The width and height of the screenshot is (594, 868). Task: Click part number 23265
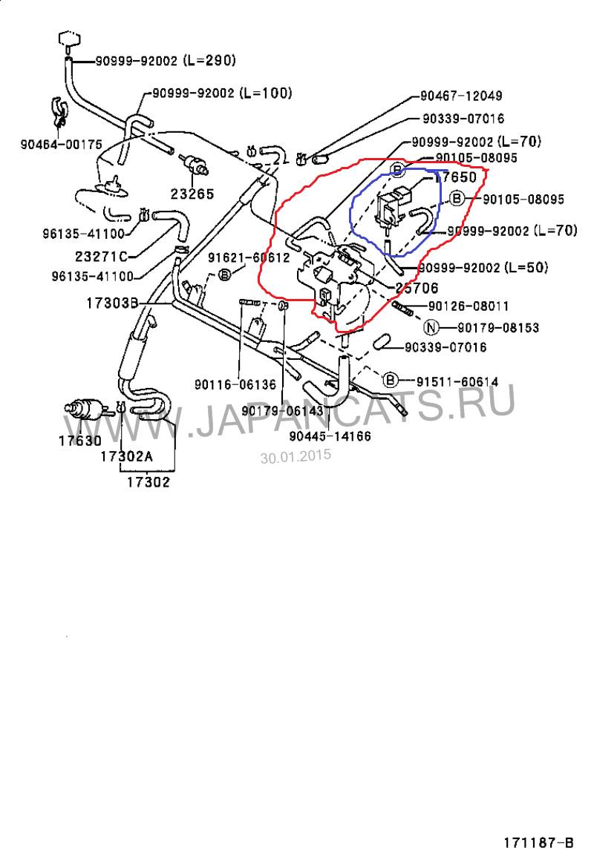[x=192, y=194]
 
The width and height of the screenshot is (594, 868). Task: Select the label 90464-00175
[x=62, y=145]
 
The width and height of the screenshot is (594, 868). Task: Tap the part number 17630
[x=80, y=441]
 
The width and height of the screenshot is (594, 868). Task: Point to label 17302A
[x=126, y=456]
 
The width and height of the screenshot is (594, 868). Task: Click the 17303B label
[x=112, y=303]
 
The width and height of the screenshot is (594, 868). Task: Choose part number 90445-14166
[x=330, y=436]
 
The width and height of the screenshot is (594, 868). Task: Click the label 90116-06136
[x=235, y=384]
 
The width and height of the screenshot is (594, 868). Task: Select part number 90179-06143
[x=282, y=410]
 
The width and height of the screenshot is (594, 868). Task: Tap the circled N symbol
[x=431, y=328]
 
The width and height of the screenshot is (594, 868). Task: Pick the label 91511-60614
[x=457, y=381]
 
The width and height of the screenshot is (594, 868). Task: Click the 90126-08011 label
[x=469, y=306]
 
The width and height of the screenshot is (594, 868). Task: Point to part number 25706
[x=417, y=288]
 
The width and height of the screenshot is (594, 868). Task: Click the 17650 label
[x=455, y=177]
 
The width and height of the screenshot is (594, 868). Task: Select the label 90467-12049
[x=461, y=96]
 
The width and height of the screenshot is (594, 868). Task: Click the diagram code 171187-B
[x=538, y=843]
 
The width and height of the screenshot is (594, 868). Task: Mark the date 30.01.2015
[x=296, y=456]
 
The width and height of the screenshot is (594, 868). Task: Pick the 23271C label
[x=101, y=256]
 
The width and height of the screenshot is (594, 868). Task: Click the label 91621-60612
[x=249, y=257]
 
